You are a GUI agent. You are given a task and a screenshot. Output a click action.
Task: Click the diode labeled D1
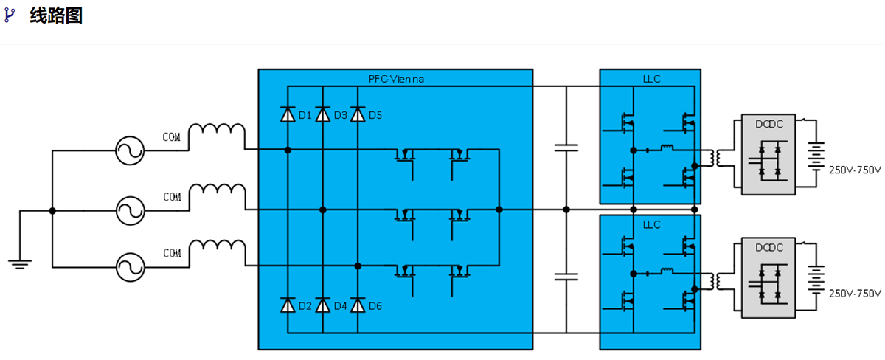(288, 114)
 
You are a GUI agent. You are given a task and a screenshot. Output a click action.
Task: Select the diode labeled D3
(322, 114)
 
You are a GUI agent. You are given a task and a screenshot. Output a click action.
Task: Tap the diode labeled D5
(358, 114)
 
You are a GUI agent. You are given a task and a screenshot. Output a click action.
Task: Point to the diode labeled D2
(288, 305)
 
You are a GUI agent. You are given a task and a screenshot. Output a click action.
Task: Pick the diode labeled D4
(322, 305)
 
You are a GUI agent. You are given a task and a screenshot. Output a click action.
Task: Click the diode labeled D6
(358, 305)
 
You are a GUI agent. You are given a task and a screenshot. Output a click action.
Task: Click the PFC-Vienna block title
(396, 77)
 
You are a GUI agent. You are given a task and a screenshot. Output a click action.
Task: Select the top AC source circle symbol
(131, 151)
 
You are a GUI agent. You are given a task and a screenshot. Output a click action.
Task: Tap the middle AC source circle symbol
(131, 211)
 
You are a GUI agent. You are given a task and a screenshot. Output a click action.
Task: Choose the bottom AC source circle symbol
(131, 266)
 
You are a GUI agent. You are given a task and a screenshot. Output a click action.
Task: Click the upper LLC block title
(650, 77)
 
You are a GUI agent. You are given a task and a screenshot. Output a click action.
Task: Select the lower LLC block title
(650, 224)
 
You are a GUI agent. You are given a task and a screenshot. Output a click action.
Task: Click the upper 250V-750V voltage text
(855, 170)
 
